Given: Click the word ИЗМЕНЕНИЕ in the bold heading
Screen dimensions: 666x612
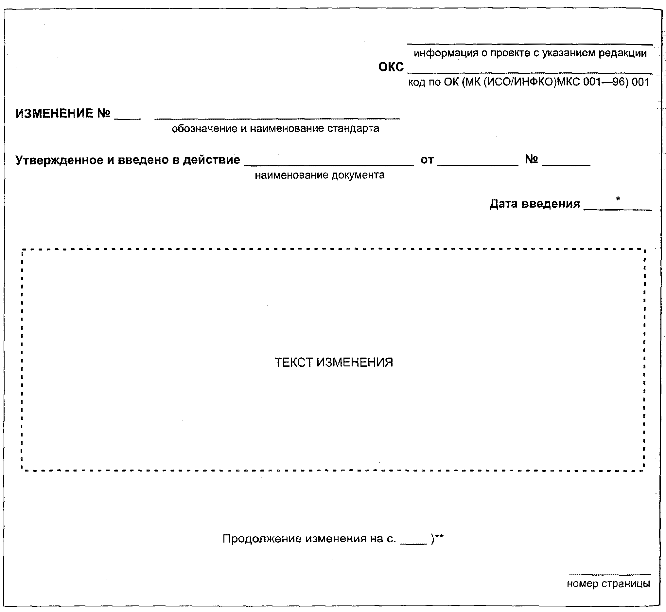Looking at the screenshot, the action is pos(54,113).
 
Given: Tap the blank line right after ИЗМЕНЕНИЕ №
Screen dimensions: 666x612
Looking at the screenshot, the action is pos(127,118).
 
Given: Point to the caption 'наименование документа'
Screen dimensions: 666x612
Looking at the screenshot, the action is pos(319,175).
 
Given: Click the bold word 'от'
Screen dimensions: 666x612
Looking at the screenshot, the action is pos(427,160).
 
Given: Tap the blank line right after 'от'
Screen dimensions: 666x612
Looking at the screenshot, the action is pos(477,164).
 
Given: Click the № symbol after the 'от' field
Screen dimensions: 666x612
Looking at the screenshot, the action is pos(531,159).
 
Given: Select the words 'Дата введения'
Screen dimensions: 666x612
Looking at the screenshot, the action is pos(534,203).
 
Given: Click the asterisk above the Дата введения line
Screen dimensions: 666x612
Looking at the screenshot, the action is pos(618,199).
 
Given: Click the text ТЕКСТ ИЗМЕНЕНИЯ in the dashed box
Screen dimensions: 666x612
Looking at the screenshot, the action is pos(334,362).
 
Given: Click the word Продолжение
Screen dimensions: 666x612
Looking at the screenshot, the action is pos(261,539).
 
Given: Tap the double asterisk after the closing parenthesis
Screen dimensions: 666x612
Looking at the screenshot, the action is pos(439,537).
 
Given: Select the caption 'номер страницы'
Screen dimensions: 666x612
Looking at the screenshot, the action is pos(608,583).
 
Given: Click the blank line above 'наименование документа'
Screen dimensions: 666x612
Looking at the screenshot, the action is pos(328,165).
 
